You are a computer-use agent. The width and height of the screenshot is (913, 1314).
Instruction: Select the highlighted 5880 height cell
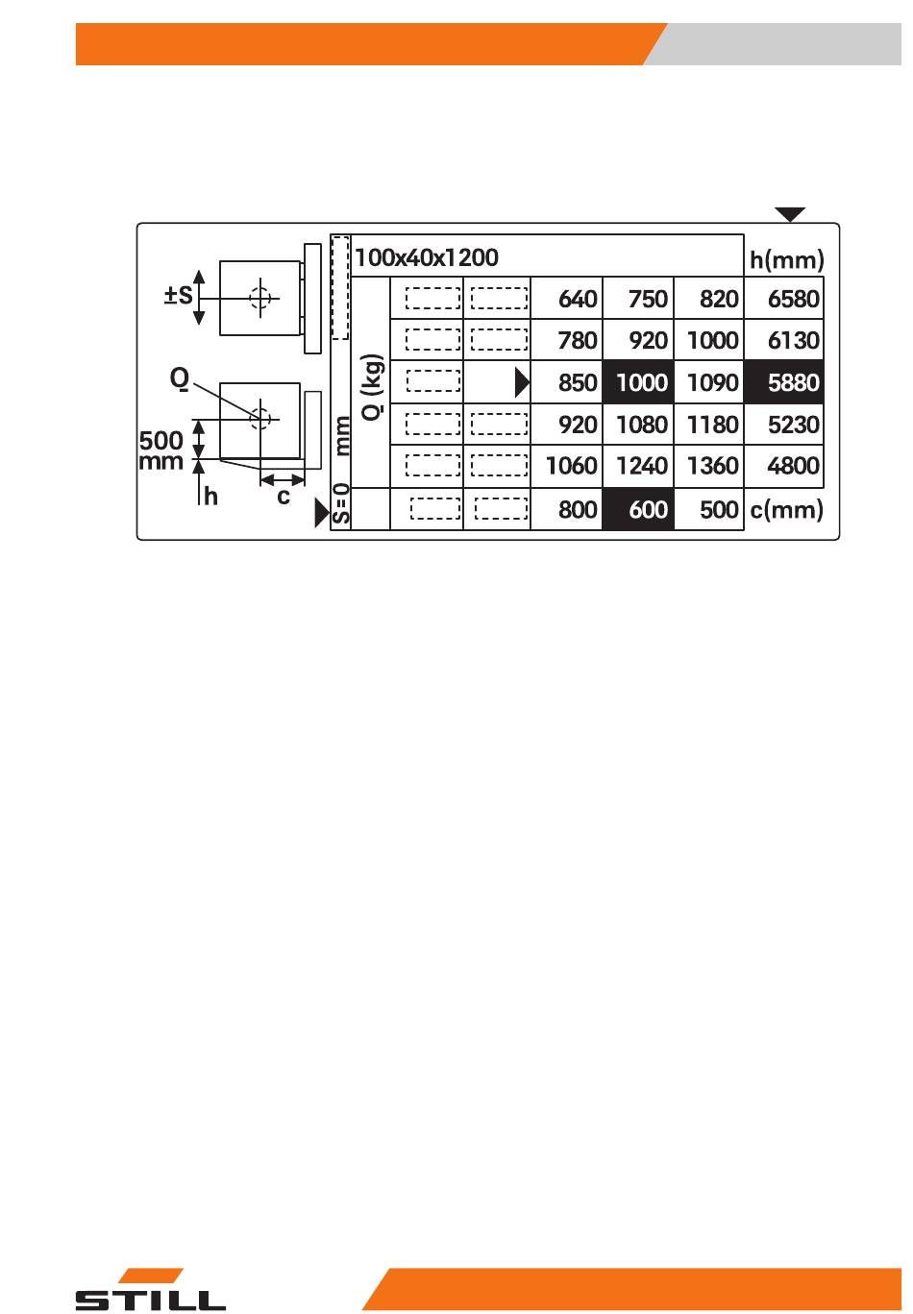click(783, 382)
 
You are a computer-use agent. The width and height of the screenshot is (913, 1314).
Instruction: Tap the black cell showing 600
click(638, 508)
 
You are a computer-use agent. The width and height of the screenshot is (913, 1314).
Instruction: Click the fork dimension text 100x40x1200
click(427, 256)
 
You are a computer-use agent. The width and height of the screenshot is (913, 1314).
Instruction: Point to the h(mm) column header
click(786, 259)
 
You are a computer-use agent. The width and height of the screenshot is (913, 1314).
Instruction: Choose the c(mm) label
click(786, 509)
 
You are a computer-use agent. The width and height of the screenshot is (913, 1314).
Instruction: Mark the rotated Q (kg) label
click(373, 386)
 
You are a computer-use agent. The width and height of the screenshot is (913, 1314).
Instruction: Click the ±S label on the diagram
click(178, 295)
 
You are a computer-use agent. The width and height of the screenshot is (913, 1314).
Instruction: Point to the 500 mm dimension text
click(160, 450)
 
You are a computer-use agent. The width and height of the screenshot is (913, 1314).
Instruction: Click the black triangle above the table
click(790, 214)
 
